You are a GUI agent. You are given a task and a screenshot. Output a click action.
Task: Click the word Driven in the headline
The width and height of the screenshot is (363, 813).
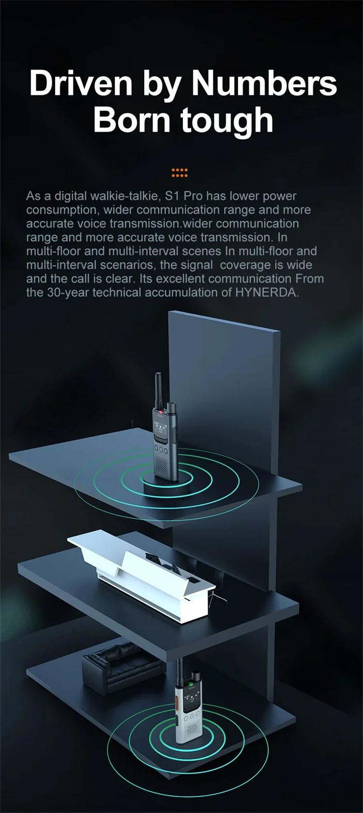click(81, 83)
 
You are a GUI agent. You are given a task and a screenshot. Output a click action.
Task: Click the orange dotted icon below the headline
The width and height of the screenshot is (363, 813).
click(180, 173)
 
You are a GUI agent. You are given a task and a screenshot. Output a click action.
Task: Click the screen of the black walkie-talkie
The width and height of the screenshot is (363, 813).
click(160, 428)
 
